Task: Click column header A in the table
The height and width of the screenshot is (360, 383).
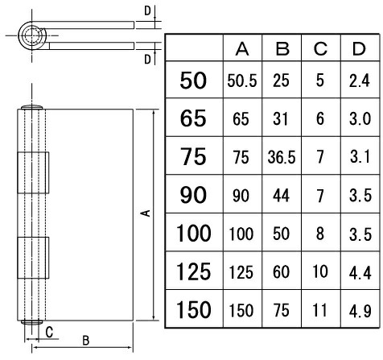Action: tap(242, 49)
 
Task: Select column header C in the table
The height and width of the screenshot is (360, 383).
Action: tap(320, 49)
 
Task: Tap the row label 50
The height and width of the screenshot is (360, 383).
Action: tap(193, 81)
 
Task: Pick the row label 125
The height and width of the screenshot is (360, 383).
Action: tap(193, 271)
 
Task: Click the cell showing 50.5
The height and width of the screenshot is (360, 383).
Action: tap(242, 81)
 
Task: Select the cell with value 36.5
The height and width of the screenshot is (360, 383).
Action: tap(282, 157)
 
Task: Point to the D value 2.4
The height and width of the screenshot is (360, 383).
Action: tap(360, 81)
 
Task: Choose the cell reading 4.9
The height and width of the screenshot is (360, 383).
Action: tap(360, 311)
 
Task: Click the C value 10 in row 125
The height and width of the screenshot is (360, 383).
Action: tap(320, 271)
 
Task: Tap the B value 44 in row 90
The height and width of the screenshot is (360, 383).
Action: tap(281, 196)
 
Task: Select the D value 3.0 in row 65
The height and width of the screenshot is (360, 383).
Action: tap(360, 119)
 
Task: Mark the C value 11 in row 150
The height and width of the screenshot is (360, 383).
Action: tap(320, 310)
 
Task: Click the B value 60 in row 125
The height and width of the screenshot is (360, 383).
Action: tap(281, 271)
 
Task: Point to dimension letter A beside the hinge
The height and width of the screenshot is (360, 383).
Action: tap(146, 213)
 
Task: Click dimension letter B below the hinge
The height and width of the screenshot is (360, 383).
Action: tap(86, 341)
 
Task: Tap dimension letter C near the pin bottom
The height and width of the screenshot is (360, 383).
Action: tap(49, 333)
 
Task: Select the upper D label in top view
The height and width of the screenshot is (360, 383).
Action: tap(147, 11)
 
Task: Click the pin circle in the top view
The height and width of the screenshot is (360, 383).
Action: tap(31, 35)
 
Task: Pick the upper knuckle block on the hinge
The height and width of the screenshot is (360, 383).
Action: tap(33, 172)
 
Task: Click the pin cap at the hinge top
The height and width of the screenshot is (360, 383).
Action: tap(31, 107)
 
